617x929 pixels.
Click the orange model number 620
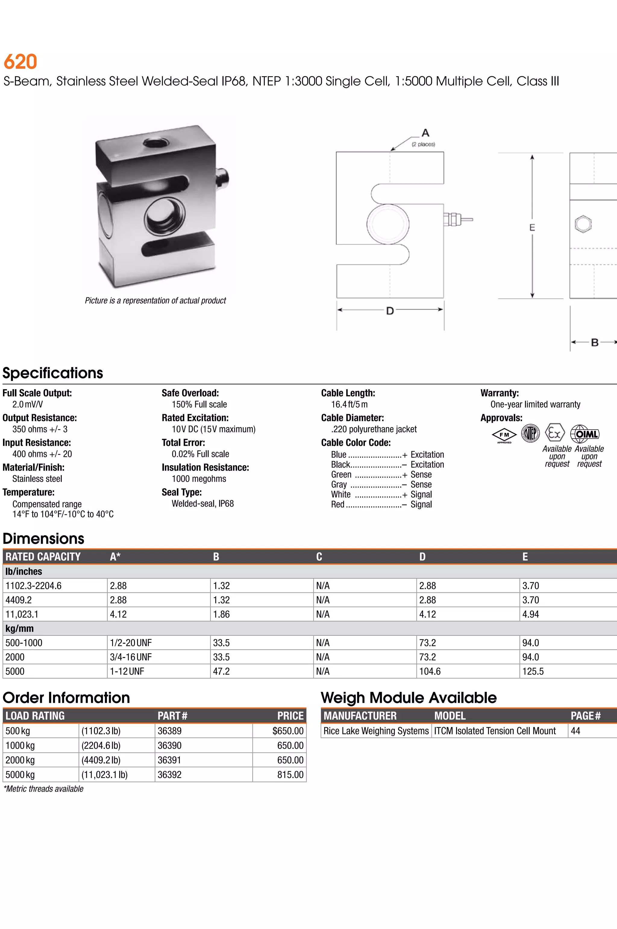click(x=20, y=62)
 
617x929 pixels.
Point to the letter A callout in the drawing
click(x=425, y=133)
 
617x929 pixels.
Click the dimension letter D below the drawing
click(x=390, y=311)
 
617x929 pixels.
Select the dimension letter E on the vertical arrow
click(x=532, y=227)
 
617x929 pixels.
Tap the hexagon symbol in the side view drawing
click(x=583, y=224)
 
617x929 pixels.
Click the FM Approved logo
click(x=504, y=435)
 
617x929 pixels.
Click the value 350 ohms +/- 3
click(x=40, y=429)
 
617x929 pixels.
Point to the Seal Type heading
click(x=181, y=492)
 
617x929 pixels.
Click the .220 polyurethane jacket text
click(x=374, y=429)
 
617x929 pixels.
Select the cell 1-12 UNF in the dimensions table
click(x=127, y=671)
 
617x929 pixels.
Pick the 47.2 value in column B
click(x=221, y=671)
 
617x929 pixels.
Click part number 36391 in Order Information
click(x=170, y=760)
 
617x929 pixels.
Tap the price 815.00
click(x=290, y=775)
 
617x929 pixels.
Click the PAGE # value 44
click(x=575, y=731)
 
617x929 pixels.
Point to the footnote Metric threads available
click(x=44, y=789)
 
